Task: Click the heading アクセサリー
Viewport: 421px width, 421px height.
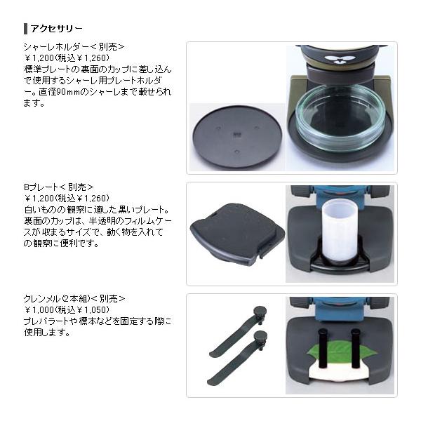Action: tap(56, 29)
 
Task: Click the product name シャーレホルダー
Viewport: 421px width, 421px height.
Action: tap(56, 47)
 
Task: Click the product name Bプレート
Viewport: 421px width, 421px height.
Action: tap(41, 187)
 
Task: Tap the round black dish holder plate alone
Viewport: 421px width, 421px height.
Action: tap(237, 138)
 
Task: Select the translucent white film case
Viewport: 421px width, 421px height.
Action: tap(340, 233)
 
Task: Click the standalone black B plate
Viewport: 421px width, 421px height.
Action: tap(238, 234)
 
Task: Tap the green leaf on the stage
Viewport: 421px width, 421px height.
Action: tap(340, 352)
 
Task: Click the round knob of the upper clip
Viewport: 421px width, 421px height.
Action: tap(260, 312)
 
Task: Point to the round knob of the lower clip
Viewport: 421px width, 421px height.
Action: tap(260, 336)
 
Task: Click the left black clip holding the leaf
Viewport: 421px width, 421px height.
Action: tap(322, 349)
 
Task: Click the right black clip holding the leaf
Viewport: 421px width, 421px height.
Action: tap(355, 348)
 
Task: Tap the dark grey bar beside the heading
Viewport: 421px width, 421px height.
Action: tap(26, 29)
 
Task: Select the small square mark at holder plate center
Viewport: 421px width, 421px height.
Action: tap(236, 133)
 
